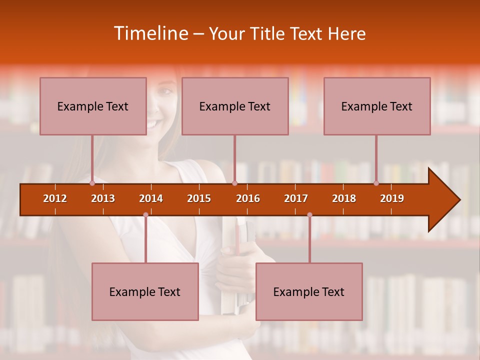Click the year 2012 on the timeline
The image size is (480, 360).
point(55,198)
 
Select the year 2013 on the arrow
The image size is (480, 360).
point(103,198)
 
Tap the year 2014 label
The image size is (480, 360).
point(151,198)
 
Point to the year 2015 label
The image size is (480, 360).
point(199,198)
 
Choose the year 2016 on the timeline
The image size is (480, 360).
point(248,198)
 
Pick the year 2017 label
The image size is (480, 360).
point(296,198)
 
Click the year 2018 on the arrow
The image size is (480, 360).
point(344,198)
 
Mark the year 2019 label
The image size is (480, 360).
point(392,198)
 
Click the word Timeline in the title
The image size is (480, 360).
point(150,33)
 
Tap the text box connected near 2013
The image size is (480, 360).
point(93,106)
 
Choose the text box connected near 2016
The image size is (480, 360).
point(235,106)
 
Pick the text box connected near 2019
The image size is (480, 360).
point(377,106)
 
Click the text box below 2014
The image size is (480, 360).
point(145,291)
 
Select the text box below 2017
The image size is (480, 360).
point(309,291)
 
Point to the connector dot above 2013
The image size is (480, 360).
point(92,183)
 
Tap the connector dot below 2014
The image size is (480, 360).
point(145,215)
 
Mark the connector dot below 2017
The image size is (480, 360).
point(309,215)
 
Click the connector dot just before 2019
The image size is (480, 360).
point(376,183)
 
